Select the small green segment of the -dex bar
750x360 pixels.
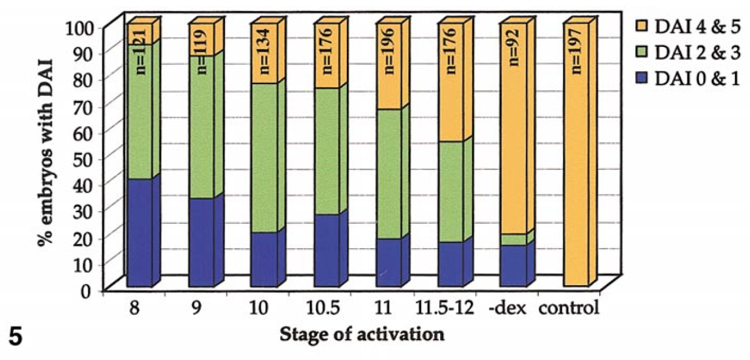(x=513, y=239)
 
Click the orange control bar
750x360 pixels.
(x=575, y=174)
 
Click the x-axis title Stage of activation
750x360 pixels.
(x=363, y=335)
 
